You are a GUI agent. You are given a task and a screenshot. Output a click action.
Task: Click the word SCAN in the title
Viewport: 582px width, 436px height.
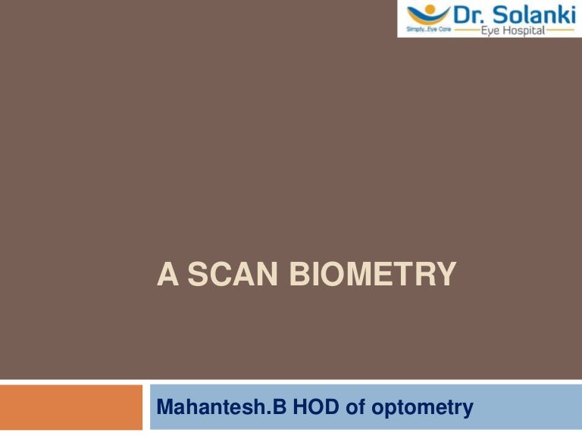(230, 275)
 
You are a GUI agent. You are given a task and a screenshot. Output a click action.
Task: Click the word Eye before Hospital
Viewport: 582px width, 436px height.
(491, 31)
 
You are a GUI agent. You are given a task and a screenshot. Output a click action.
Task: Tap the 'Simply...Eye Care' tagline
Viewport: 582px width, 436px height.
(429, 32)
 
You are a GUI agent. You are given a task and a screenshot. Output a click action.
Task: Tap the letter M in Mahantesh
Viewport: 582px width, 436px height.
(165, 409)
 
